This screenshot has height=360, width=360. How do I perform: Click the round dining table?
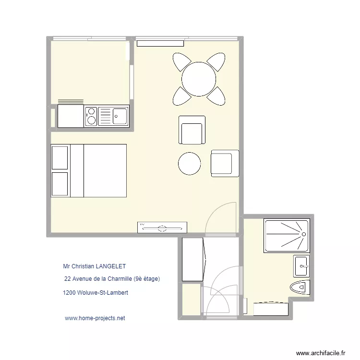click(x=198, y=79)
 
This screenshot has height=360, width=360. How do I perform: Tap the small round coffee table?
click(x=189, y=164)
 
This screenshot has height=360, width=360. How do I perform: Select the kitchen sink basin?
click(x=119, y=115)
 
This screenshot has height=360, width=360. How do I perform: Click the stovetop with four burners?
click(x=91, y=116)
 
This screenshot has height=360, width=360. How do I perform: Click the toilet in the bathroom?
click(x=300, y=287)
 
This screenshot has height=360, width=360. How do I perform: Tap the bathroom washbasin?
click(x=301, y=265)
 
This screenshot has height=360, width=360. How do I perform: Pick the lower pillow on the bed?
click(x=60, y=184)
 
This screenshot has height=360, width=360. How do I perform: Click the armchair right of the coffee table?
click(x=225, y=162)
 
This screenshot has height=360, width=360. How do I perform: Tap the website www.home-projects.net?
click(x=95, y=318)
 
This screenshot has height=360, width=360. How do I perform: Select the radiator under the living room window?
click(x=160, y=43)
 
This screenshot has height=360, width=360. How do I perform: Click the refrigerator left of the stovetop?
click(x=71, y=116)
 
